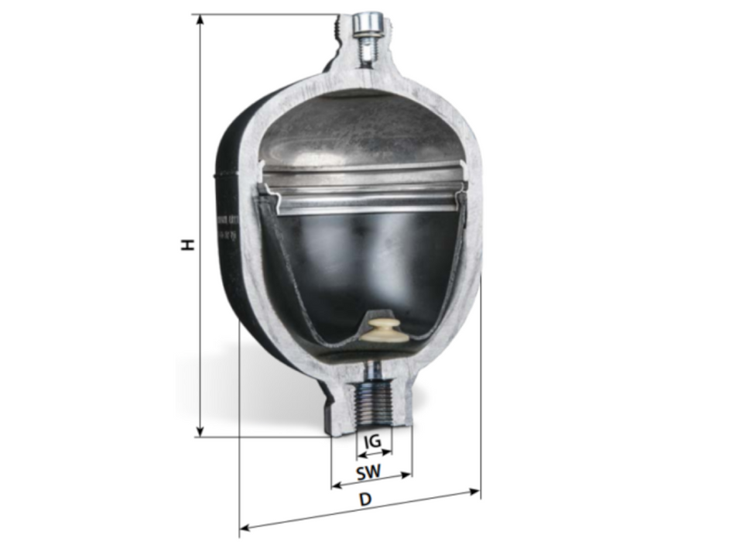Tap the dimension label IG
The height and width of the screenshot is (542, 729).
point(372,440)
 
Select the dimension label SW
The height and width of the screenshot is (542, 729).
point(371,471)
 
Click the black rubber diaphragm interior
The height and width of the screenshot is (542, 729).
point(364,263)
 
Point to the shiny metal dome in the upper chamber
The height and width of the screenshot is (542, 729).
point(356,132)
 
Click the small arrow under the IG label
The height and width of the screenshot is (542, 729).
point(373,452)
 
